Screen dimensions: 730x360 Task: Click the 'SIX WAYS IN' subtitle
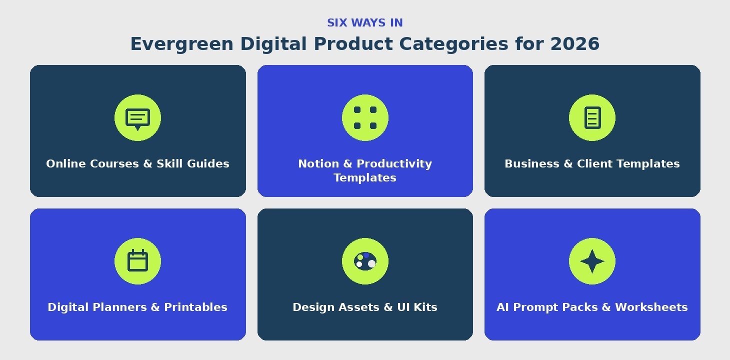[365, 23]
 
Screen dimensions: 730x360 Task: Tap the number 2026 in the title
[575, 43]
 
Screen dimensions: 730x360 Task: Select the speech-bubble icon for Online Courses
[137, 119]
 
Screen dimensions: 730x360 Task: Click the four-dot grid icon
[365, 117]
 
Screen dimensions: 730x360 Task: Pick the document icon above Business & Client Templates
[592, 117]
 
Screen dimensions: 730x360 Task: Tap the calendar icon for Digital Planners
[137, 260]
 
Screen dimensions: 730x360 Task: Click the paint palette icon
[365, 261]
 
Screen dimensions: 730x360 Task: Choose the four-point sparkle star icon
[592, 261]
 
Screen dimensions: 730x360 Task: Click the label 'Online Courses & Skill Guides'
[137, 163]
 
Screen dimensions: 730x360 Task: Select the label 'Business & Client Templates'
[592, 163]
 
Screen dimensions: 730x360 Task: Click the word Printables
[195, 307]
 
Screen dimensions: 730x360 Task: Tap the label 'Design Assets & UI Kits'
[365, 307]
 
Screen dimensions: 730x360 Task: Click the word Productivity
[394, 164]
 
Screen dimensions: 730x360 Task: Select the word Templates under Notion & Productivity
[365, 178]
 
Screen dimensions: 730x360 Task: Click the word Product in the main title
[353, 43]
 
